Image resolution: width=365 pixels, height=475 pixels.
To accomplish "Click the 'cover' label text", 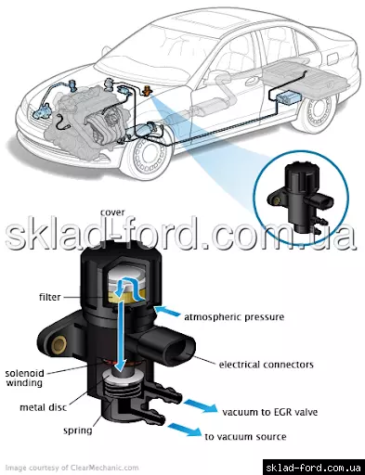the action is coord(112,212).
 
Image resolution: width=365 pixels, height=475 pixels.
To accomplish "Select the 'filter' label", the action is coord(49,297).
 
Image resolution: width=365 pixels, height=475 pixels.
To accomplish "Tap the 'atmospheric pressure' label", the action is coord(234,317).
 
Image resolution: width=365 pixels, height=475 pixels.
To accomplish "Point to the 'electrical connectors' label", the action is coord(267,365).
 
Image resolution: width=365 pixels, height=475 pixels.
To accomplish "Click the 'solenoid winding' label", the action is coord(24,378).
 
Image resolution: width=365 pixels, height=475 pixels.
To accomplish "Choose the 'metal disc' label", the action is coord(44,407).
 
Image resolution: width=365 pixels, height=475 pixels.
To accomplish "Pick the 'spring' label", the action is coord(78,430).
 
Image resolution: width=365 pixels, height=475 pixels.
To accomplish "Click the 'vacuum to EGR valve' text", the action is coord(270,412).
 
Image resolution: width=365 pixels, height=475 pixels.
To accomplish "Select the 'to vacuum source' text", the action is coord(245,437).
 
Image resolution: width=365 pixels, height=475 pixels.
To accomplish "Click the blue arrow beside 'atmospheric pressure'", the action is coord(167,311).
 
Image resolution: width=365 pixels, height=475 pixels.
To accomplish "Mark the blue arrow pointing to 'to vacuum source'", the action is coord(185,430).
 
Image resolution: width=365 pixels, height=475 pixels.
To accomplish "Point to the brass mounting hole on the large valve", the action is coord(59,345).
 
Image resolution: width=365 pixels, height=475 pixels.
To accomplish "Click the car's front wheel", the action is coord(146,159).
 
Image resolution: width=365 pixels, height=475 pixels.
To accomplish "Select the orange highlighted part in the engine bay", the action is coord(148,91).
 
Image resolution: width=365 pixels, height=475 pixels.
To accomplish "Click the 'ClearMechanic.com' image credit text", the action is coord(105,468).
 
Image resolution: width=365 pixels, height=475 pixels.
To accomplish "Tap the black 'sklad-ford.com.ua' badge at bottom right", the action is coord(314,468).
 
